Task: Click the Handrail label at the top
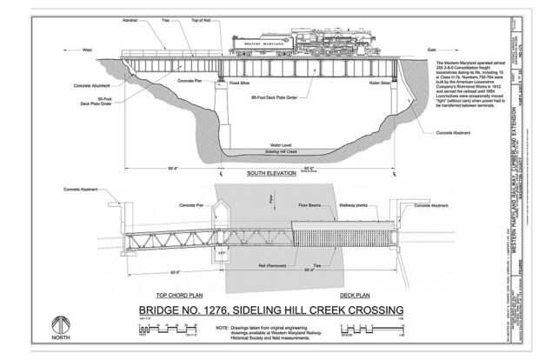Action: pyautogui.click(x=130, y=18)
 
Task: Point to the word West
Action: pyautogui.click(x=87, y=50)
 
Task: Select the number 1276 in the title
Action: pyautogui.click(x=228, y=310)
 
